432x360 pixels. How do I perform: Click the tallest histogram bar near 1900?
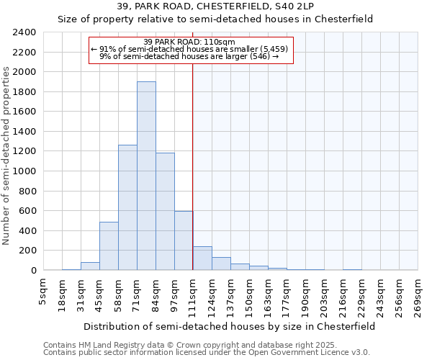pyautogui.click(x=146, y=176)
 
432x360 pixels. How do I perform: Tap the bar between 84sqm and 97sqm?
pyautogui.click(x=165, y=212)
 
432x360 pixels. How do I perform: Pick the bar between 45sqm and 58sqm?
pyautogui.click(x=109, y=246)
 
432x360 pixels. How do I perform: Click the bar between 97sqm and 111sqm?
pyautogui.click(x=184, y=240)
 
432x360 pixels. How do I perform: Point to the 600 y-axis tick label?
pyautogui.click(x=28, y=211)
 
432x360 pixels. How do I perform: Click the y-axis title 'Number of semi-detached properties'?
pyautogui.click(x=7, y=156)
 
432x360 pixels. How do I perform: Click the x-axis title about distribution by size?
pyautogui.click(x=229, y=326)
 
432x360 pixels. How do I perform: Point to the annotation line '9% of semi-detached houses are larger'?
pyautogui.click(x=189, y=56)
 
